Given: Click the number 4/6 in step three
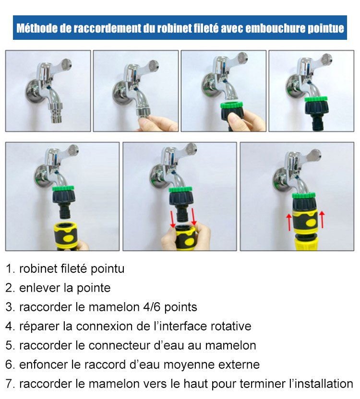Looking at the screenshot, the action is click(x=152, y=307).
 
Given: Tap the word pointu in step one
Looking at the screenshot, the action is click(x=107, y=269).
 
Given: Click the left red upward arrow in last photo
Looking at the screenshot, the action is click(x=289, y=222).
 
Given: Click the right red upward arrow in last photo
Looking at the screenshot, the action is click(x=322, y=219).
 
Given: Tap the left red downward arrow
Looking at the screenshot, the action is click(x=172, y=219).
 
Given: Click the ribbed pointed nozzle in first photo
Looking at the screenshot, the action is click(x=55, y=113).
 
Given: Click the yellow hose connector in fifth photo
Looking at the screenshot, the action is click(x=65, y=235).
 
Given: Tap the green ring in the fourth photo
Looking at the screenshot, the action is click(x=316, y=99).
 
